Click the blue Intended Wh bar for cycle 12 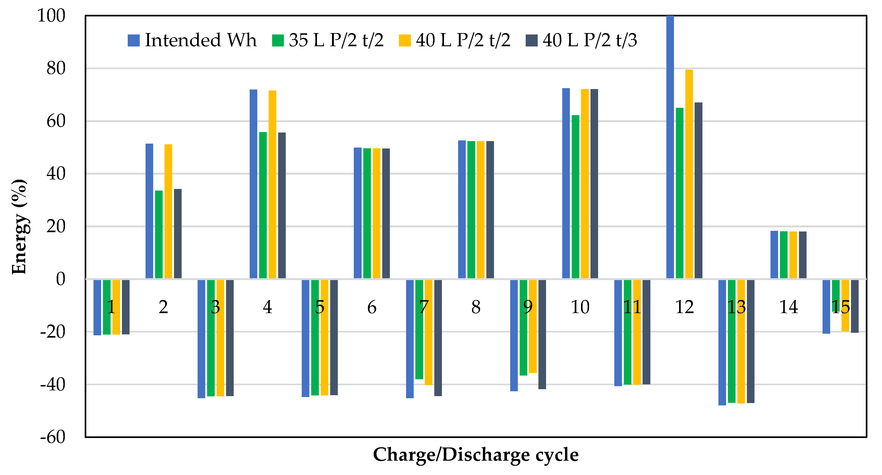[670, 147]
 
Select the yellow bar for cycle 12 [689, 175]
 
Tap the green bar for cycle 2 [159, 235]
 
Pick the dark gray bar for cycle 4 [282, 206]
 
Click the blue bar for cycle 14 [774, 255]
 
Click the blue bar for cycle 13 [722, 342]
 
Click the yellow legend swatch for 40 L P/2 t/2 [405, 40]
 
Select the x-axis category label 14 [789, 307]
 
